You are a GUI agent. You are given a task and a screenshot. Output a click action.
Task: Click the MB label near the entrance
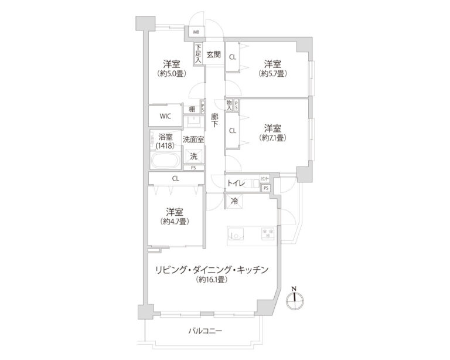pos(196,32)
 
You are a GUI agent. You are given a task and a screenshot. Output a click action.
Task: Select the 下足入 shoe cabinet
pos(199,55)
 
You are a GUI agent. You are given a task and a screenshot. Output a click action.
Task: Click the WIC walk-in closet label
pos(165,116)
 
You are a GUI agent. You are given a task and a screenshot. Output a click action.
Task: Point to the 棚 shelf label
pos(192,109)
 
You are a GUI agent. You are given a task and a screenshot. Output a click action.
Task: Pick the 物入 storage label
pos(229,106)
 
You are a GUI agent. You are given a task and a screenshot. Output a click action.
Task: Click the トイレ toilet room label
pos(237,183)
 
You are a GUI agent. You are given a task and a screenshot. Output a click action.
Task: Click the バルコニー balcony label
pos(206,331)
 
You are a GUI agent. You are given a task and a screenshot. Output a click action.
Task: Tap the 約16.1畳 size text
pos(212,280)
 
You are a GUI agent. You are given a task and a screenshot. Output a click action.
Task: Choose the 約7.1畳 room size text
pos(272,138)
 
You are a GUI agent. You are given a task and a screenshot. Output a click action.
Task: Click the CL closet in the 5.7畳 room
pos(233,57)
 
